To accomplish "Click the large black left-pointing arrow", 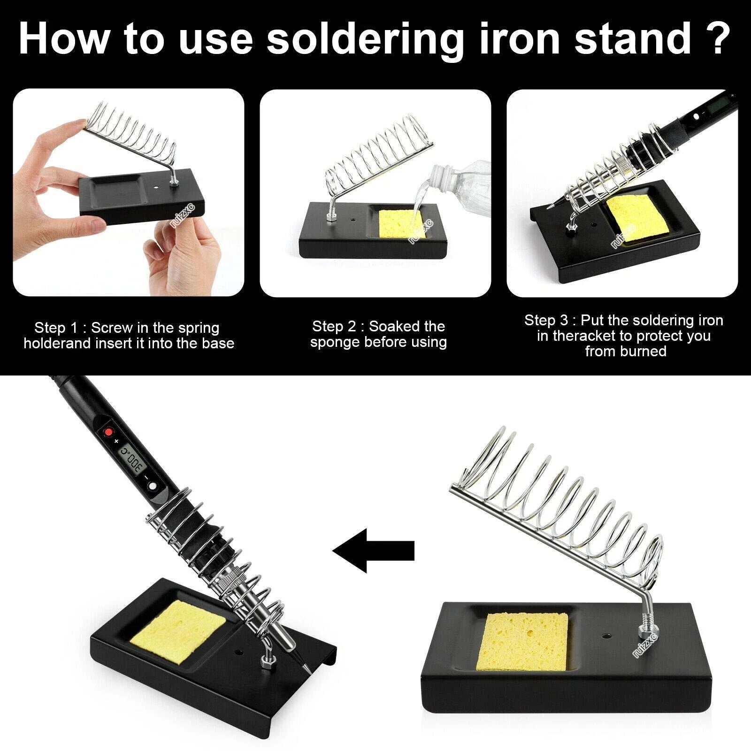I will [373, 550].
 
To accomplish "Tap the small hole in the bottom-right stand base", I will [605, 637].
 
